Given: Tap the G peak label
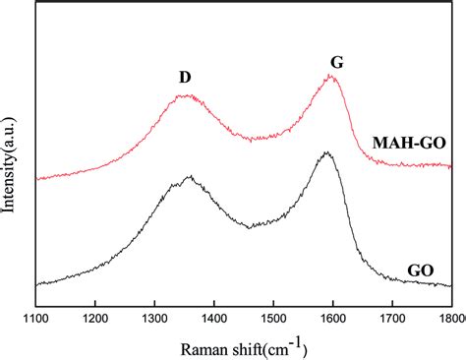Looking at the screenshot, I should [x=335, y=63].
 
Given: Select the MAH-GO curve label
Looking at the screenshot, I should [x=409, y=143].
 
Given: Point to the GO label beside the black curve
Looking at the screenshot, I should [x=420, y=269].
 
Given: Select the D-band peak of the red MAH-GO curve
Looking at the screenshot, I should [x=184, y=96].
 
